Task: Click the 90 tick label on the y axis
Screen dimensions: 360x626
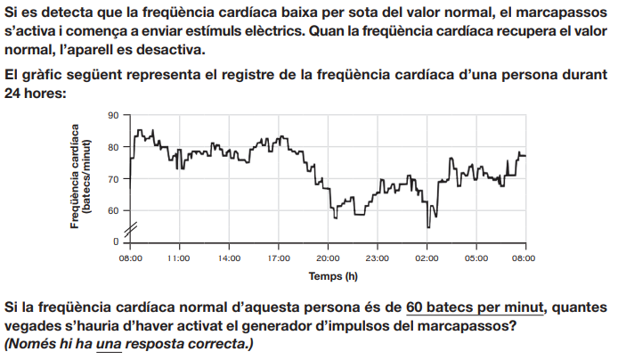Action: [112, 116]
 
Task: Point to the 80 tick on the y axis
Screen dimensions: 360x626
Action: [112, 148]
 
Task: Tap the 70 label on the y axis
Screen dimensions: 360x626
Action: [112, 179]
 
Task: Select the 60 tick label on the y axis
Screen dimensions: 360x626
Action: [112, 211]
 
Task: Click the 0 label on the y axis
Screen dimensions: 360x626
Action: [115, 242]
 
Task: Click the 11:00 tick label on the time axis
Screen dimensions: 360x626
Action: [179, 258]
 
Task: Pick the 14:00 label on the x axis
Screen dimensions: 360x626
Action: [229, 258]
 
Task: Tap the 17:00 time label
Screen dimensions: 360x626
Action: [279, 258]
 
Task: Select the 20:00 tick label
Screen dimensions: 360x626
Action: [328, 258]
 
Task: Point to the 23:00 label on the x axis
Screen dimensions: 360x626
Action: [378, 258]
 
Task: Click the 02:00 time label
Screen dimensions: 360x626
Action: [427, 258]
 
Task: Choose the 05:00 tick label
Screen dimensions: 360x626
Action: [476, 258]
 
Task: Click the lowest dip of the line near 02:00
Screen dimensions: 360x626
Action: [429, 227]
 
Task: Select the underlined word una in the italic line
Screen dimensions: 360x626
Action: [109, 343]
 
